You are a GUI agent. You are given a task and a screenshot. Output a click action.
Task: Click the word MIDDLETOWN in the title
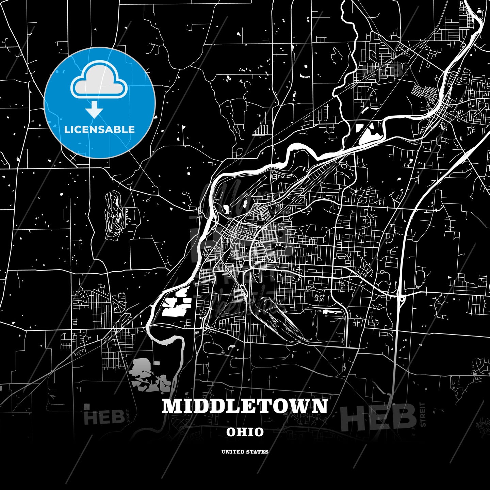245,406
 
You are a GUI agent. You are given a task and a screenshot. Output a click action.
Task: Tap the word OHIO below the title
245,432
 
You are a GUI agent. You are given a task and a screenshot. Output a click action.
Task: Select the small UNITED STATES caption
245,452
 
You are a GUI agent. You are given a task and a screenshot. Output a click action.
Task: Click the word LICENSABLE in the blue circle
99,129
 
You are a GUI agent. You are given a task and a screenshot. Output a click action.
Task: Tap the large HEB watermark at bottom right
378,418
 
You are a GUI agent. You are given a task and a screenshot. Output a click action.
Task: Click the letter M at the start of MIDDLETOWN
172,406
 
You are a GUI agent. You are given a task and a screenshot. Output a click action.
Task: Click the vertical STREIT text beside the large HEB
423,414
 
